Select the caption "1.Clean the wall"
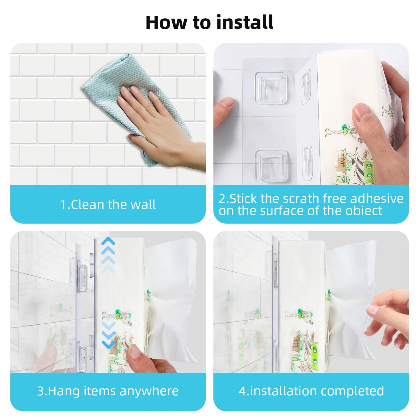tap(108, 205)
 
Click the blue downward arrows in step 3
tap(108, 334)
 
